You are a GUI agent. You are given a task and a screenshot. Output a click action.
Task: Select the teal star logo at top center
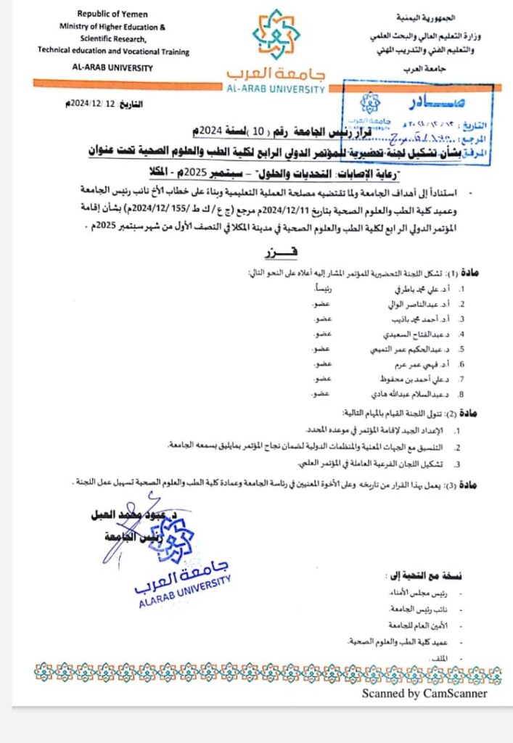(x=276, y=34)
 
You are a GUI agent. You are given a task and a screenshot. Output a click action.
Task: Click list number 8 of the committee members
(x=460, y=395)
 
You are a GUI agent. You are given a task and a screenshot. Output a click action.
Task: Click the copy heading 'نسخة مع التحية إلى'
(x=424, y=576)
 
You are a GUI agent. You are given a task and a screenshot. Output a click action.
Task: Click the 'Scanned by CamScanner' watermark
(x=424, y=694)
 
